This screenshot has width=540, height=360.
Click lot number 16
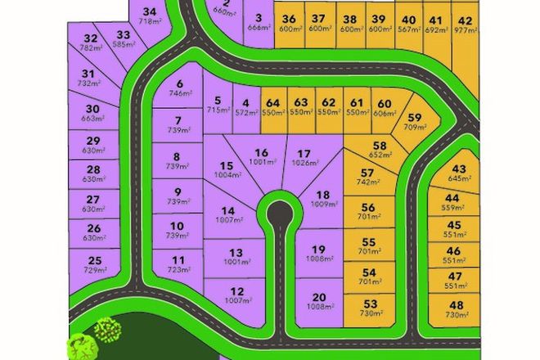coord(261,152)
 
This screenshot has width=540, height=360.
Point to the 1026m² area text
coord(304,163)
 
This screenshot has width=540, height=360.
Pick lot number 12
coord(236,291)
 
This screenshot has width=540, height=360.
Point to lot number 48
coord(456,305)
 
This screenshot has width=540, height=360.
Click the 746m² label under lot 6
coord(178,94)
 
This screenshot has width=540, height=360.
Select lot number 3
coord(259,19)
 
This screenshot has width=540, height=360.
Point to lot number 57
coord(367,173)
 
